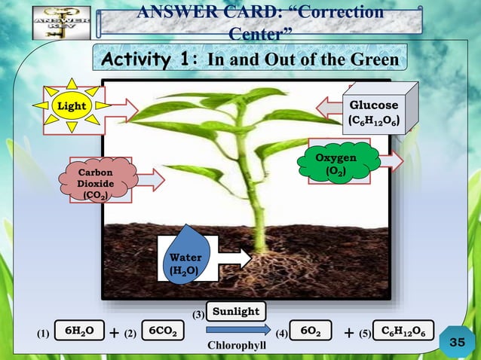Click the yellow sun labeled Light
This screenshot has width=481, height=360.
72,106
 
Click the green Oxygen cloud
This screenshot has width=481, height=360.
335,163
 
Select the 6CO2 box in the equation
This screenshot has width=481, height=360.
163,331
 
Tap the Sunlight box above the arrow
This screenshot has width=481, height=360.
235,311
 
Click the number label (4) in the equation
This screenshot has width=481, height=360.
281,332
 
